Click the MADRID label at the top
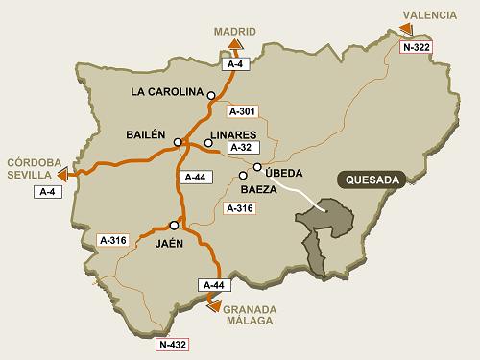point(234,30)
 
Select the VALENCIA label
point(429,12)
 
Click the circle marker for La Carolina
point(210,94)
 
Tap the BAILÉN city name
point(146,134)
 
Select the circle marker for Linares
point(208,143)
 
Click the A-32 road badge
point(240,149)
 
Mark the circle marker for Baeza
point(244,175)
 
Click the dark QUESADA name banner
point(366,180)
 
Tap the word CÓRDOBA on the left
point(33,161)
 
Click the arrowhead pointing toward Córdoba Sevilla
point(63,175)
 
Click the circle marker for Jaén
point(174,225)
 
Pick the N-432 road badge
point(173,344)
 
